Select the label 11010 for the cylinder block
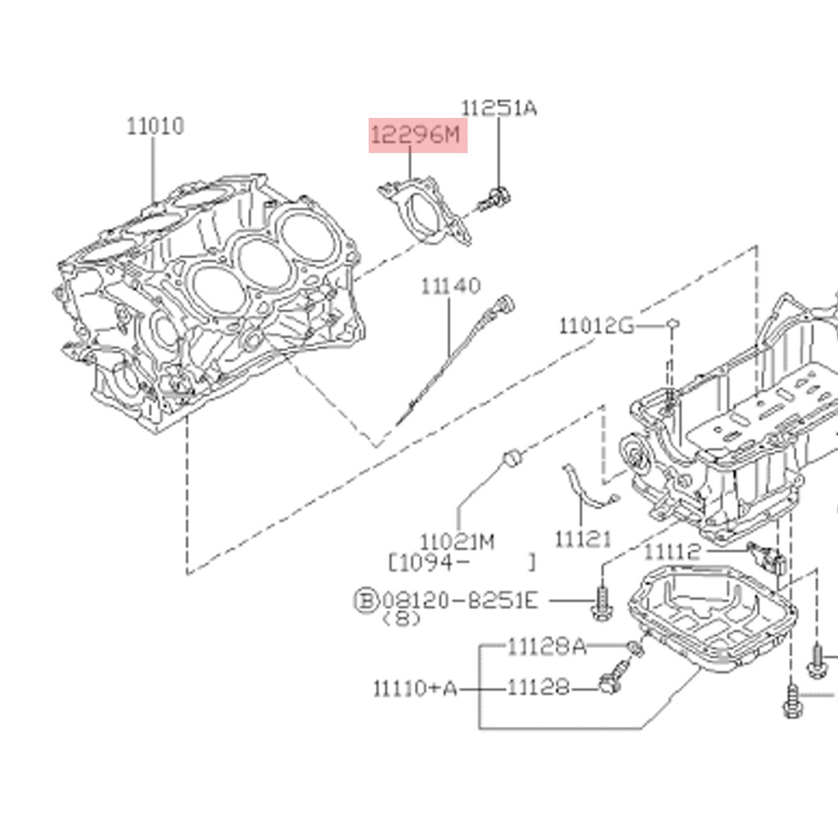[x=155, y=126]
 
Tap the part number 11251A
[x=499, y=107]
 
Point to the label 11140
[x=451, y=286]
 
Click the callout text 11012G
[x=597, y=327]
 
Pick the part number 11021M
[x=457, y=542]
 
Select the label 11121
[x=583, y=538]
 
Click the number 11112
[x=673, y=552]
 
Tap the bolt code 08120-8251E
[x=460, y=601]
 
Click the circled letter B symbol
[x=365, y=601]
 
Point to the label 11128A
[x=547, y=647]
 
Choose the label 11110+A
[x=416, y=688]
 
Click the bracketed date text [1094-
[x=428, y=562]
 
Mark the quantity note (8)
[x=402, y=619]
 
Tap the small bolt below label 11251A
[x=493, y=198]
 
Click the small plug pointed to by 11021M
[x=512, y=457]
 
